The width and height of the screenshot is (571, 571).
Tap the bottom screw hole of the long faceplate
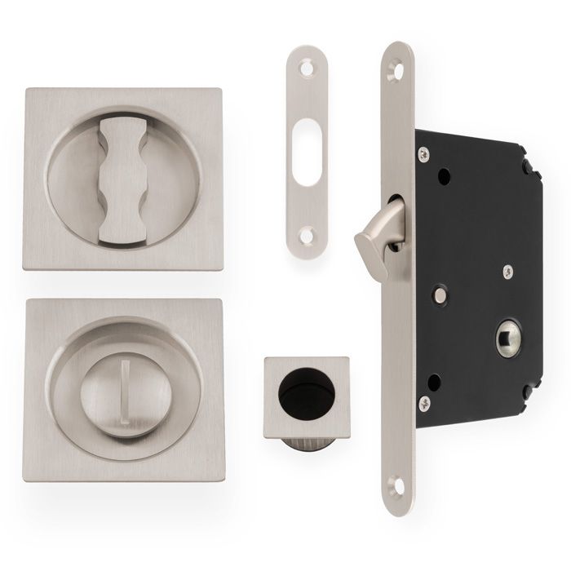click(x=397, y=487)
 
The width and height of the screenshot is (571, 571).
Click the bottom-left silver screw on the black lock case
click(x=424, y=402)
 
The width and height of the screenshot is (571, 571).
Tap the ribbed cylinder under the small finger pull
click(x=306, y=447)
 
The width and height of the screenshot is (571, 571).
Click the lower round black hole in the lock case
click(x=435, y=381)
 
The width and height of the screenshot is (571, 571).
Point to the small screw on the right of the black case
click(x=507, y=271)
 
